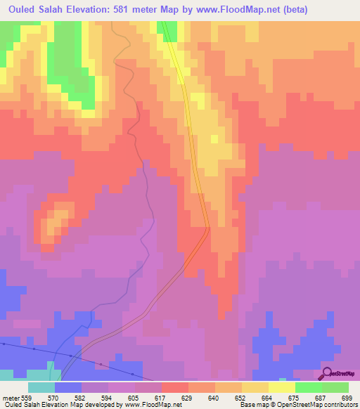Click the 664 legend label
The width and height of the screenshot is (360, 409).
coord(267,398)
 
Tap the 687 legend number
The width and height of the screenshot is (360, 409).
coord(319,398)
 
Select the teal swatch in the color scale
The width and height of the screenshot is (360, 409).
coord(41,387)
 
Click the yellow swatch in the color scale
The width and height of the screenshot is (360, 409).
coord(281,387)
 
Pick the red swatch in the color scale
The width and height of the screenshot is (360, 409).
coord(174,387)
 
